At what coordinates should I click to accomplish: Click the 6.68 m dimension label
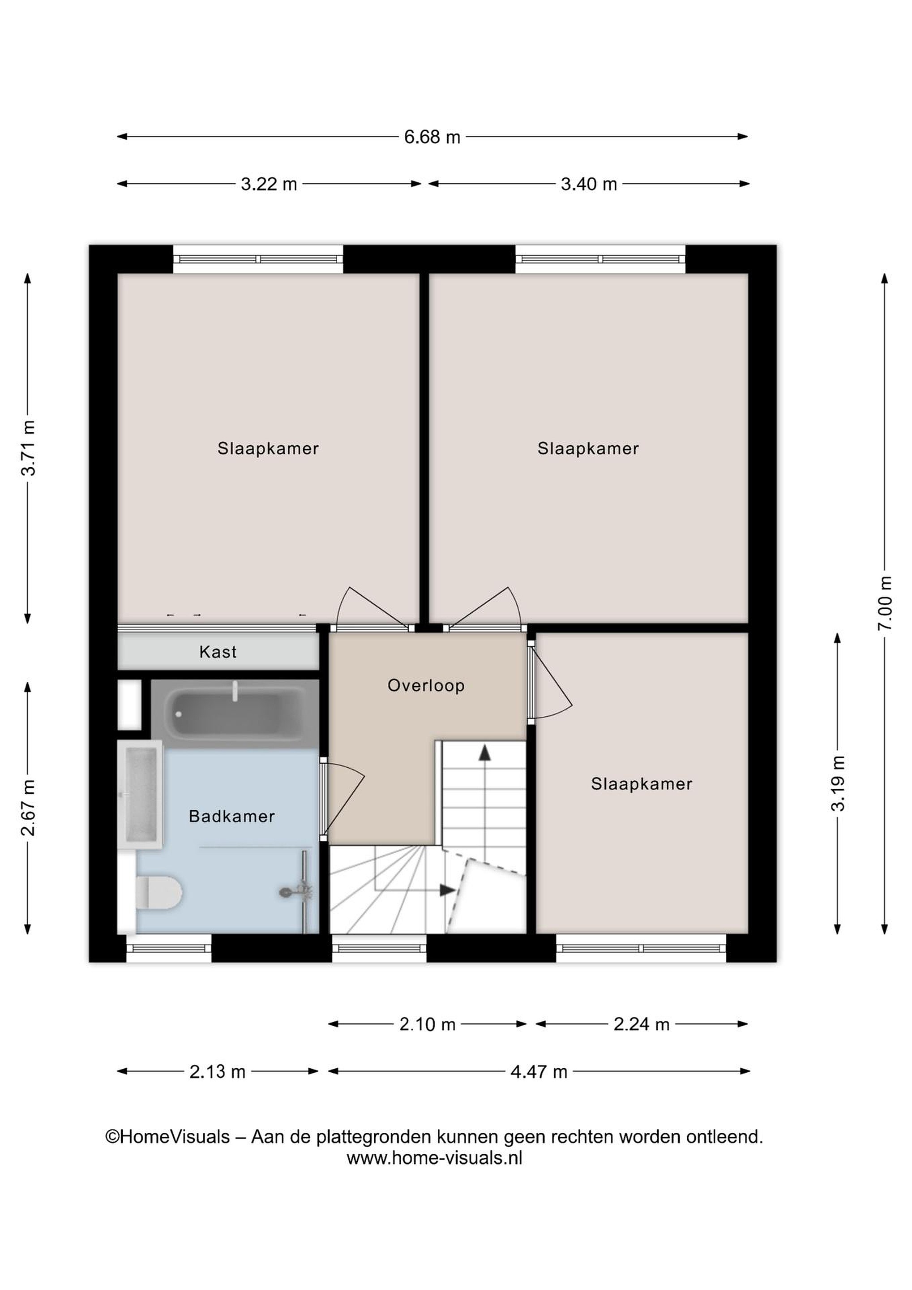pyautogui.click(x=432, y=137)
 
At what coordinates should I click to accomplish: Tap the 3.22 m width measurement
pyautogui.click(x=269, y=184)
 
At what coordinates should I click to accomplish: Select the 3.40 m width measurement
pyautogui.click(x=589, y=184)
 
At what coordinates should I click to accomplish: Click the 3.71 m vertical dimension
pyautogui.click(x=28, y=448)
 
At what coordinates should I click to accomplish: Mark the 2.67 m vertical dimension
pyautogui.click(x=28, y=808)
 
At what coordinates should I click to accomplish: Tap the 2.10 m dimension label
pyautogui.click(x=428, y=1025)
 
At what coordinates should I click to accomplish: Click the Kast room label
pyautogui.click(x=218, y=652)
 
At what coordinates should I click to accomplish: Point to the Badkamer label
pyautogui.click(x=232, y=817)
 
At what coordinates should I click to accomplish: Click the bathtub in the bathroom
pyautogui.click(x=235, y=714)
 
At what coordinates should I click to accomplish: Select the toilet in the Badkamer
pyautogui.click(x=159, y=893)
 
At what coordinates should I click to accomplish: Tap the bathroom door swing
pyautogui.click(x=343, y=799)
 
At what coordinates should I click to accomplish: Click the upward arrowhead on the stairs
pyautogui.click(x=484, y=753)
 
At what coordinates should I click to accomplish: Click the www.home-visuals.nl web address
pyautogui.click(x=435, y=1158)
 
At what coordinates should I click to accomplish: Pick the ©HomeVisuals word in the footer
pyautogui.click(x=168, y=1137)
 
